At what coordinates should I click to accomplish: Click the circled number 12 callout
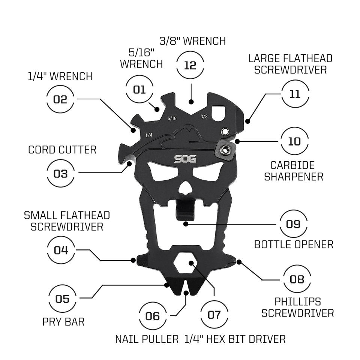tap(190, 65)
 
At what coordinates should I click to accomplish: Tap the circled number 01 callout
tap(139, 89)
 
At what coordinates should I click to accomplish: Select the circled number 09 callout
tap(293, 224)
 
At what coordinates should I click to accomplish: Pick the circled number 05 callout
tap(62, 299)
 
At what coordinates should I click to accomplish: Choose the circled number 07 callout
tap(214, 314)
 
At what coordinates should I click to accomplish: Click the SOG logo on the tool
tap(185, 159)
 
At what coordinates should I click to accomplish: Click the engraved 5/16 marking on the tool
tap(172, 118)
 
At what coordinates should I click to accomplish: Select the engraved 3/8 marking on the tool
tap(204, 116)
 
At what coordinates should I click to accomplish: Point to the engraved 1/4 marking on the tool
tap(149, 135)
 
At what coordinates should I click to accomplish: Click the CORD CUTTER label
tap(62, 150)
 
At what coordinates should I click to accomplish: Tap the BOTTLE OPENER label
tap(294, 244)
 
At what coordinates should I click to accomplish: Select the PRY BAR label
tap(63, 321)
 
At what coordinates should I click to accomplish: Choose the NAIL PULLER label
tap(147, 339)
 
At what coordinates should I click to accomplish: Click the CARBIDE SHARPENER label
tap(294, 171)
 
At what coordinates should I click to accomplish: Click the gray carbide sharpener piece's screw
tap(225, 150)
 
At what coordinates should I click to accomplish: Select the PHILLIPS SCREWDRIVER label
tap(297, 307)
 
